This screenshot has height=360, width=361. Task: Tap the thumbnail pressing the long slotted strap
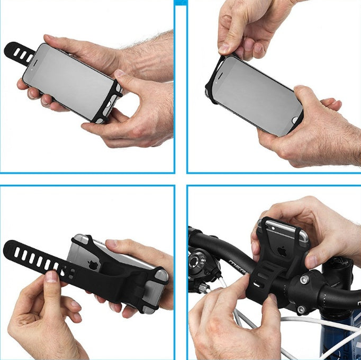51,276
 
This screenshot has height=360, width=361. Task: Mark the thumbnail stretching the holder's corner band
224,49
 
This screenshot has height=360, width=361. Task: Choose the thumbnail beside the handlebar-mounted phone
312,261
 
